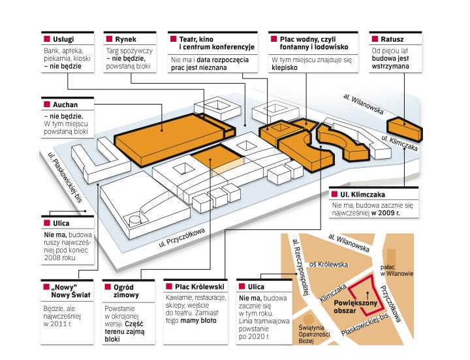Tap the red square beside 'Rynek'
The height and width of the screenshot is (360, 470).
coord(110,39)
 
